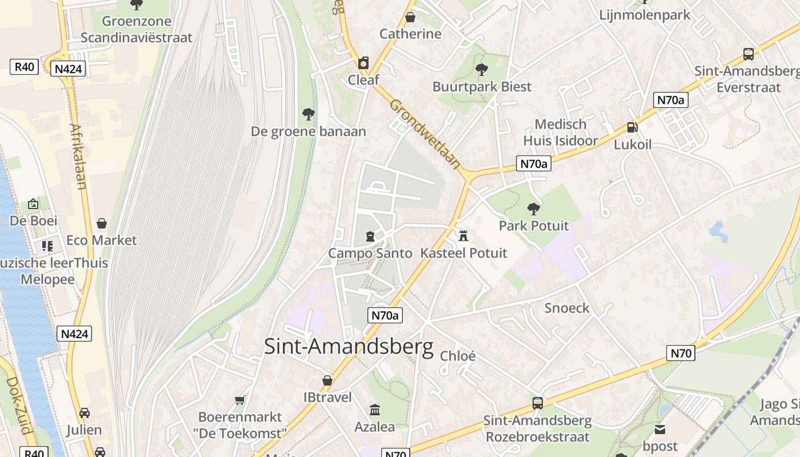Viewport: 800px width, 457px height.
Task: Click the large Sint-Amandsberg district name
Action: coord(349,347)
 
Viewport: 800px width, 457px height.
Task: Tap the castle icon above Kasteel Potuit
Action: coord(463,235)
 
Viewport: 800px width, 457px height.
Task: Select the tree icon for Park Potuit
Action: coord(534,209)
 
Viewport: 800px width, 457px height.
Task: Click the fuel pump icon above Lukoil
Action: coord(632,127)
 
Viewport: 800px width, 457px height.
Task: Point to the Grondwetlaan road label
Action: coord(425,134)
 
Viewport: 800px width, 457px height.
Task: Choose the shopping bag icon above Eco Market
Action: coord(102,223)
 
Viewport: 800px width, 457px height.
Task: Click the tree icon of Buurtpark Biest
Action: coord(482,70)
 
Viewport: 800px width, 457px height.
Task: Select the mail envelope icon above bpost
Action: coord(660,429)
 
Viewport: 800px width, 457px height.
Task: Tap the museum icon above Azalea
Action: coord(375,410)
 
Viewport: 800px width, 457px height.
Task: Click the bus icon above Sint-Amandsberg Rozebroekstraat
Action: coord(537,403)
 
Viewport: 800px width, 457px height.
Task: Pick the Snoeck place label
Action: coord(567,308)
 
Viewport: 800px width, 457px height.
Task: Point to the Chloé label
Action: coord(458,356)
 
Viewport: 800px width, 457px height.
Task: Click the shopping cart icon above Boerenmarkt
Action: coord(240,400)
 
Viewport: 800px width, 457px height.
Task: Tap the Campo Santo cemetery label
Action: coord(370,253)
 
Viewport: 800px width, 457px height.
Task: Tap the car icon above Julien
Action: coord(84,412)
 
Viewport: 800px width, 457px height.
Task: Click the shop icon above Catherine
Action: coord(410,17)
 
